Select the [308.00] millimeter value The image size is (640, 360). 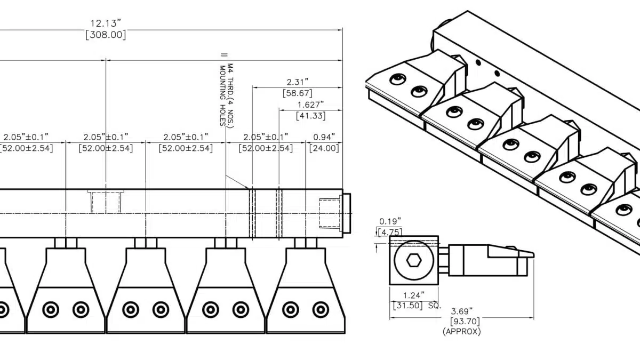coord(106,35)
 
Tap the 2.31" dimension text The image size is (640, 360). coord(298,82)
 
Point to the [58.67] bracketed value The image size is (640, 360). coord(298,93)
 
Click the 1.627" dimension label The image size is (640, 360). coord(310,105)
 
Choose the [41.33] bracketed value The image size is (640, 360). coord(310,116)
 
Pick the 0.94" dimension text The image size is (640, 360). coord(324,137)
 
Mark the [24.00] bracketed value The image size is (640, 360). coord(324,148)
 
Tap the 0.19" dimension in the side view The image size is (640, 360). coord(390,221)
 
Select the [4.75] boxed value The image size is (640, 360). coord(390,232)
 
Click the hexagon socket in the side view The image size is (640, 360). coord(413,261)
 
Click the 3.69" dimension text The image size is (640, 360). coord(461,310)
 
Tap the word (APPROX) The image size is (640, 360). coord(461,331)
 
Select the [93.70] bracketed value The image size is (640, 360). coord(461,321)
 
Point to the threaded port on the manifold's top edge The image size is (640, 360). coord(106,201)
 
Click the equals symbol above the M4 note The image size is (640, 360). coord(223,55)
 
